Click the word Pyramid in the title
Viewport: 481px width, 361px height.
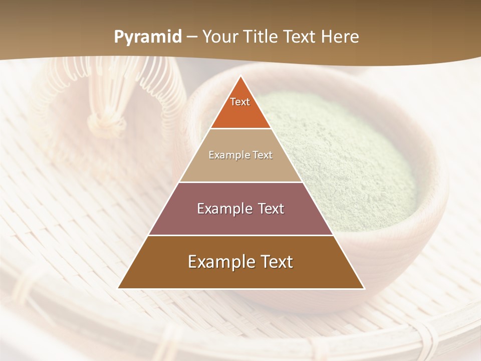tap(147, 37)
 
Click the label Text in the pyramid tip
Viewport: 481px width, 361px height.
tap(240, 102)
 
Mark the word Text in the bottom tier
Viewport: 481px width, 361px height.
tap(276, 262)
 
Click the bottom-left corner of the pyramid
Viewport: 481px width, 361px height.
tap(119, 288)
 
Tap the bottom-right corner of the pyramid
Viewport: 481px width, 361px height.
tap(363, 288)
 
